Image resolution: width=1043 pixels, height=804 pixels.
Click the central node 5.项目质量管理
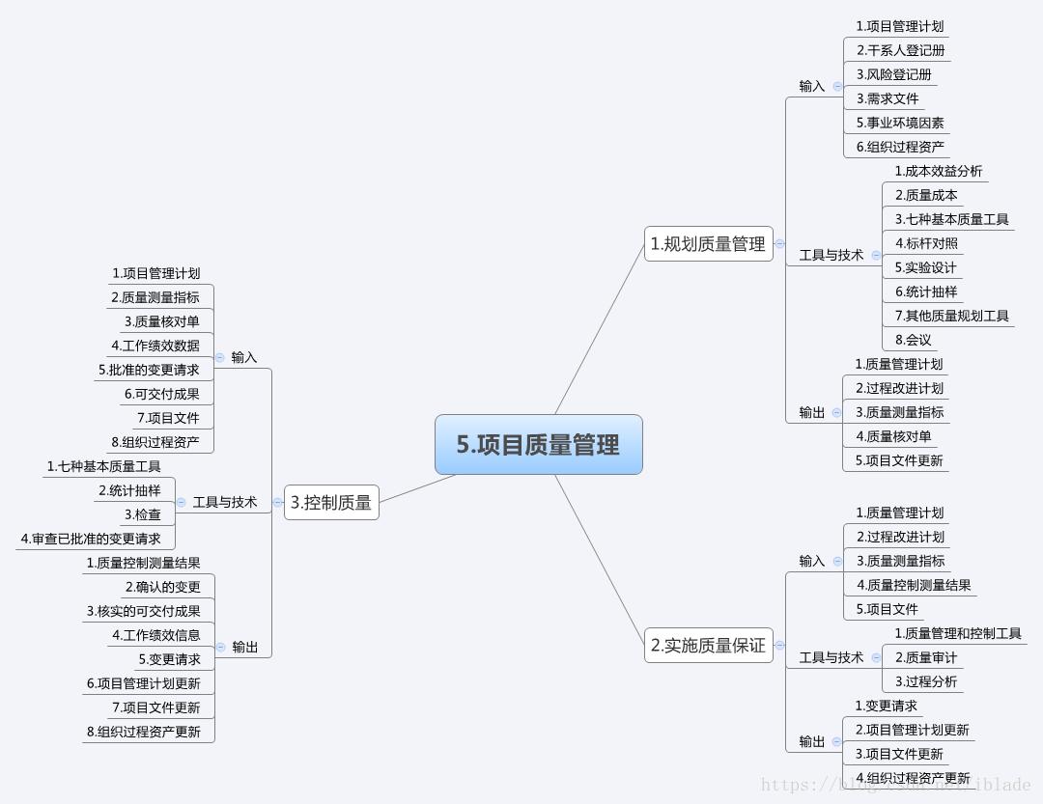pos(539,445)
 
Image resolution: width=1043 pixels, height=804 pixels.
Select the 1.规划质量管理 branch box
pos(708,244)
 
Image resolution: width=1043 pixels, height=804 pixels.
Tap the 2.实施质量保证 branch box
pos(708,646)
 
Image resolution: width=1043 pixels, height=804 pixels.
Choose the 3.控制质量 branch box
pos(331,502)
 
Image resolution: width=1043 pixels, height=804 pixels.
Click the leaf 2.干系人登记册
pos(900,50)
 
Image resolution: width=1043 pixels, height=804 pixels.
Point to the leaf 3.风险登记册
pos(893,74)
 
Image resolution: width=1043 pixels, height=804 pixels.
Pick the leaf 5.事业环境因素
pos(900,123)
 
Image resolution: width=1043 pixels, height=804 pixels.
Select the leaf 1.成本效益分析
pos(938,171)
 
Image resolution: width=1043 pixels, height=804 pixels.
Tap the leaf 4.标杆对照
pos(926,243)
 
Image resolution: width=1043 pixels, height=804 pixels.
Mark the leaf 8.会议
pos(913,340)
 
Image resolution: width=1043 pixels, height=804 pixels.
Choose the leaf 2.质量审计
pos(925,657)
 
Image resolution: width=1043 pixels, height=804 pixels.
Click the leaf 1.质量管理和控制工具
pos(957,633)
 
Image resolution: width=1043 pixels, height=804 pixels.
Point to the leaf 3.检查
pos(143,514)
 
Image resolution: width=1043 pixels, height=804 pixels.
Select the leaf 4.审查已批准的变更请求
pos(91,539)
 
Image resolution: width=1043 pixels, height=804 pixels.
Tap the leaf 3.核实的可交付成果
pos(144,611)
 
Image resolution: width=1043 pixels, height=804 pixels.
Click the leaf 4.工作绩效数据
pos(155,346)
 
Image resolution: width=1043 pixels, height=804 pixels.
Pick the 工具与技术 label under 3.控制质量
pos(225,502)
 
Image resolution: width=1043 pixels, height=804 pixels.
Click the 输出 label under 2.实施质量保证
pos(812,741)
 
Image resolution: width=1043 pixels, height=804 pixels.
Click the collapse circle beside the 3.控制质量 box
pos(278,502)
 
